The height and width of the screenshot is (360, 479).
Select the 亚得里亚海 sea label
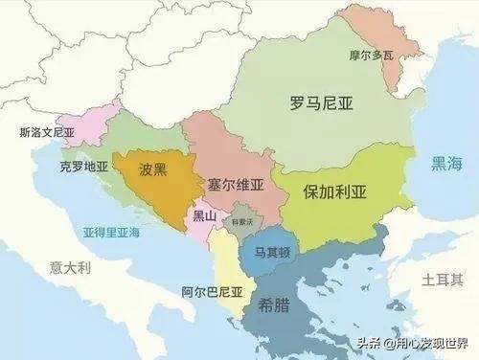[110, 233]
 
